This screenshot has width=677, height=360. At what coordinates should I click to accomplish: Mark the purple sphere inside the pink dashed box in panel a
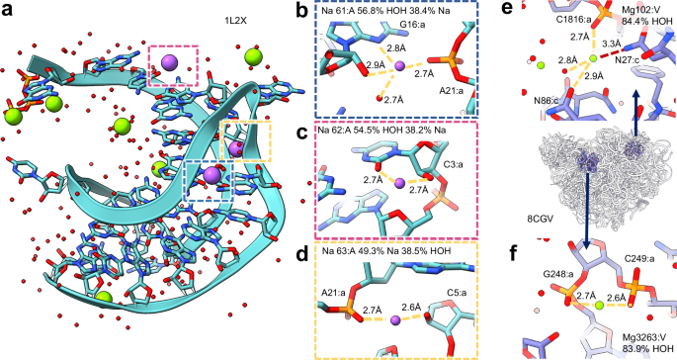pyautogui.click(x=169, y=64)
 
